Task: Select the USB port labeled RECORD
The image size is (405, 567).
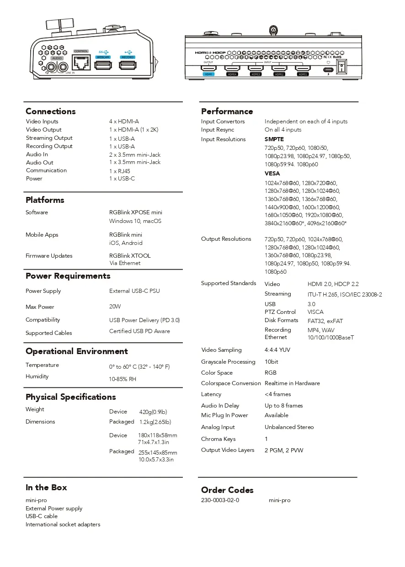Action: point(128,65)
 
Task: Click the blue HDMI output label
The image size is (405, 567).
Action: point(208,74)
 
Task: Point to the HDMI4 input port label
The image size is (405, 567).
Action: point(232,74)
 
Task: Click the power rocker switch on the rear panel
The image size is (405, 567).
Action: point(341,68)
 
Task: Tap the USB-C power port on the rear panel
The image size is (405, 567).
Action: point(327,70)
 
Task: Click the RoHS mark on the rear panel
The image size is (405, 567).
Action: point(337,57)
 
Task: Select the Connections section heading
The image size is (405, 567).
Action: point(51,111)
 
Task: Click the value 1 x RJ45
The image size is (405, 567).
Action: point(119,171)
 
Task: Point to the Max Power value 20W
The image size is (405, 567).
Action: point(115,307)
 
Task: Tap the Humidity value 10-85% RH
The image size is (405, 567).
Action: point(123,379)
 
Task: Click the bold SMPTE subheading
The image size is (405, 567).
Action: point(274,139)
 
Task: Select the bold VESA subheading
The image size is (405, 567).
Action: point(272,174)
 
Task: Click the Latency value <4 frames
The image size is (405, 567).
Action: point(277,394)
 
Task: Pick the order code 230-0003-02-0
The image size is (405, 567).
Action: point(220,500)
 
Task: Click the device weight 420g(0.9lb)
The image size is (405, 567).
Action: point(153,412)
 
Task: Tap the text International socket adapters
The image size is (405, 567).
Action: point(63,525)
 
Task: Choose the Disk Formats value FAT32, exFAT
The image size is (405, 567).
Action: point(325,321)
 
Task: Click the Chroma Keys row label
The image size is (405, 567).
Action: point(218,439)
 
